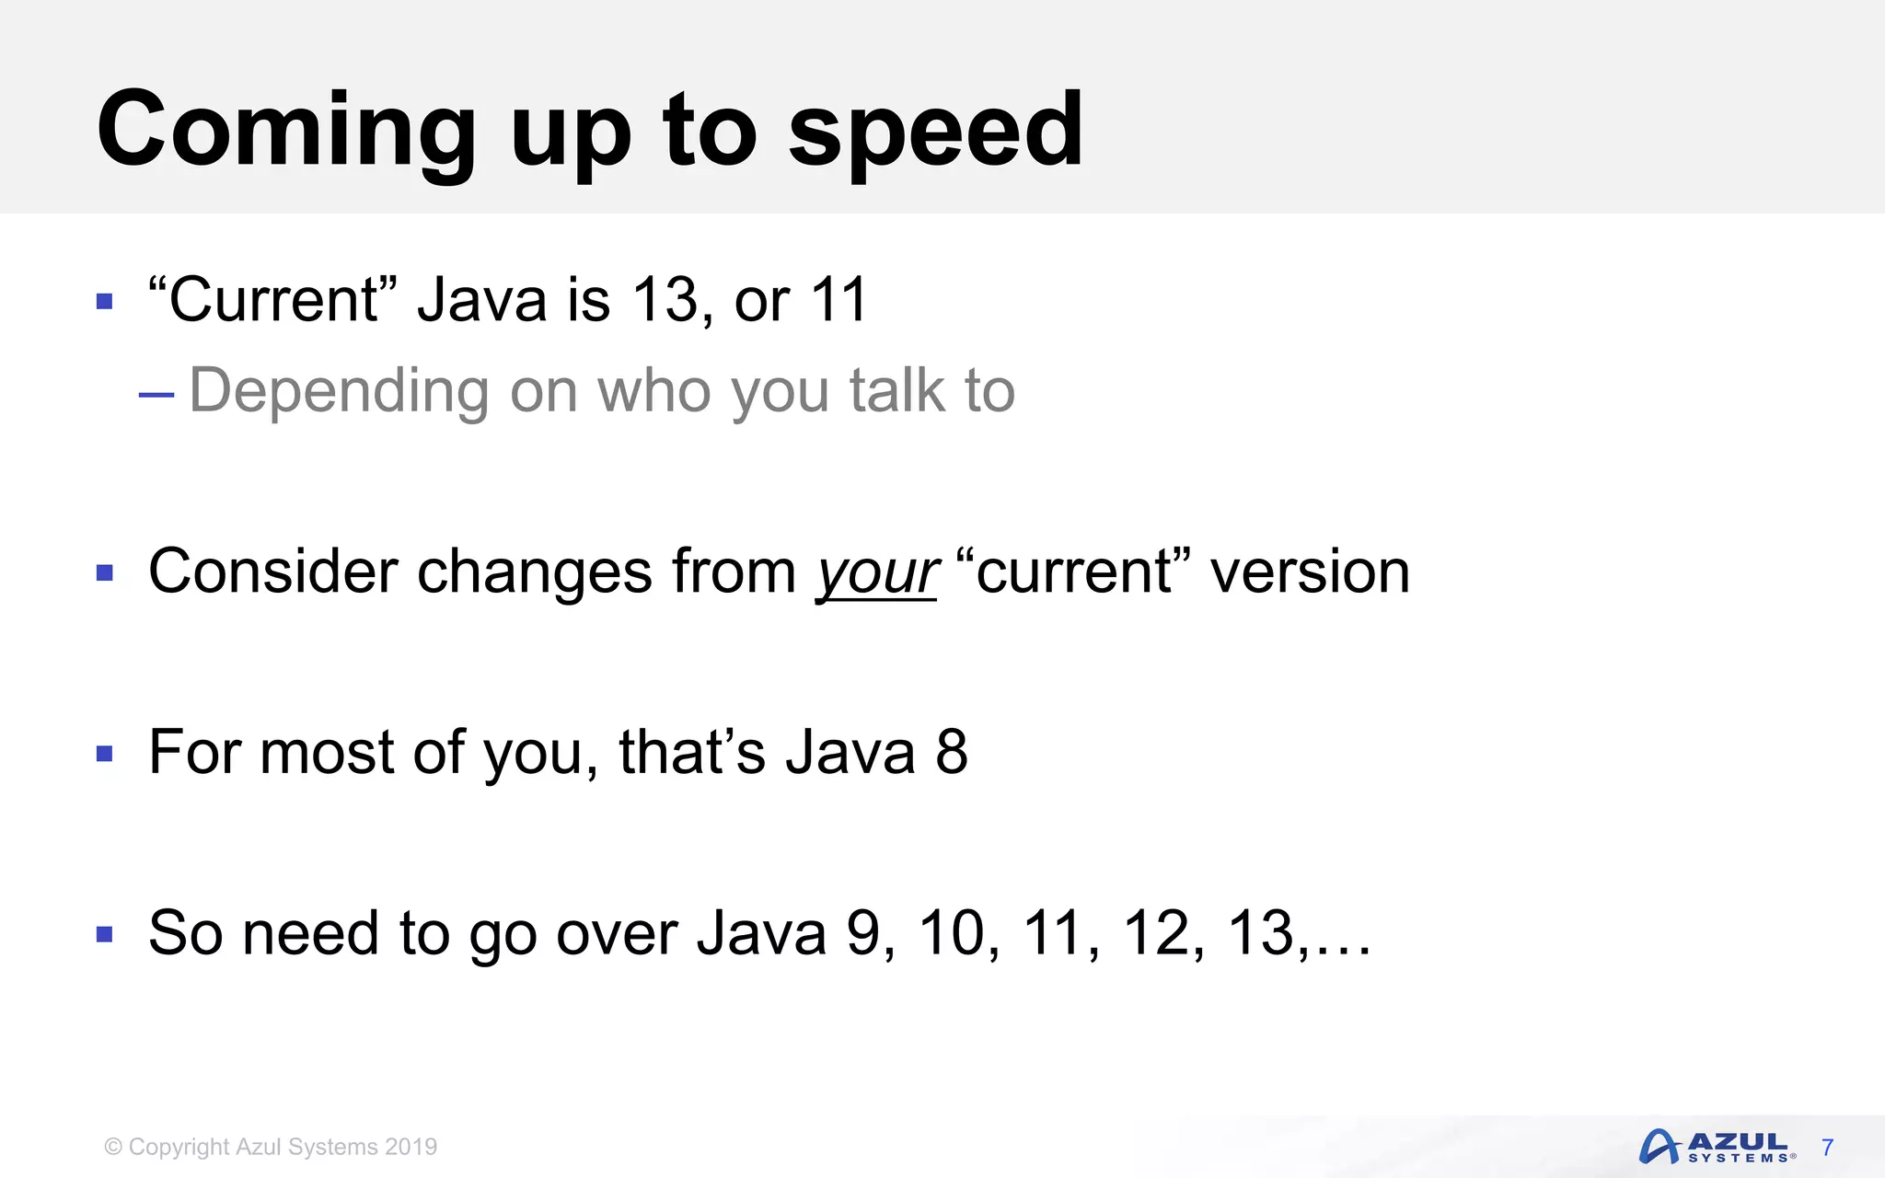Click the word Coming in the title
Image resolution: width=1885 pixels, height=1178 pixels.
(285, 131)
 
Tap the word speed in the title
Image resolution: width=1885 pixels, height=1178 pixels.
(936, 131)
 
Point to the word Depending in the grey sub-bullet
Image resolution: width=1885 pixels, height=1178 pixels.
(339, 392)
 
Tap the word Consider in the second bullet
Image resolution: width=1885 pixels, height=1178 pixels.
(273, 572)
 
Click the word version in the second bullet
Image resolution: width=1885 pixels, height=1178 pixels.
(1309, 572)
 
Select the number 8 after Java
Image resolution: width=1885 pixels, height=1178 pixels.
(952, 752)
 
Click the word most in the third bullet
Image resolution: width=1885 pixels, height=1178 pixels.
(327, 752)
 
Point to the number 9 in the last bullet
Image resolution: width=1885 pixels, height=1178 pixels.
(863, 933)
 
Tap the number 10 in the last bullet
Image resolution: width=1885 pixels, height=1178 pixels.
(952, 933)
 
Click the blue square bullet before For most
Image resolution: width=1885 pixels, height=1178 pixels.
(105, 755)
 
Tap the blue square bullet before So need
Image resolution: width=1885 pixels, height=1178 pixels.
(105, 936)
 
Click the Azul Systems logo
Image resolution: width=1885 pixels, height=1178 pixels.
(1716, 1147)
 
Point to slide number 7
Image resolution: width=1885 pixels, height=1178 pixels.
(1828, 1148)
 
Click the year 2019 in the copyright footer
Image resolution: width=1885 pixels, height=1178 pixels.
(411, 1147)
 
